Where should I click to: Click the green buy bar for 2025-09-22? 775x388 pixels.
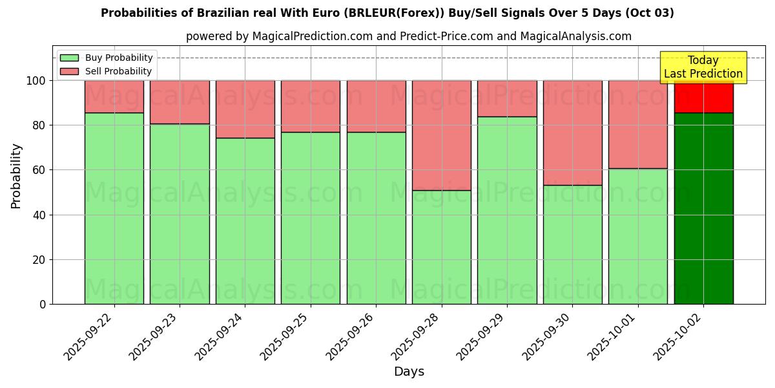tap(114, 208)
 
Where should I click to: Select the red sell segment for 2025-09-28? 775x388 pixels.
tap(442, 135)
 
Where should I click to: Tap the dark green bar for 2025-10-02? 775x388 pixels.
tap(703, 208)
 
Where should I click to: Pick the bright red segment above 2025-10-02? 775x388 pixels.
tap(703, 97)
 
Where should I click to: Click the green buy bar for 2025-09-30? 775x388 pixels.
tap(572, 244)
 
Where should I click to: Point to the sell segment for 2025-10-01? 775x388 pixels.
tap(638, 124)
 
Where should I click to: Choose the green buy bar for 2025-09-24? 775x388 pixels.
tap(245, 221)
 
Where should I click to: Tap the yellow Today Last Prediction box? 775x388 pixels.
tap(703, 67)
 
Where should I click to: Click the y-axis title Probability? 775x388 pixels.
tap(16, 176)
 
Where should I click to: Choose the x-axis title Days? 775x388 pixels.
tap(409, 372)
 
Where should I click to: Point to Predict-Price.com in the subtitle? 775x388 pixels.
tap(439, 36)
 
